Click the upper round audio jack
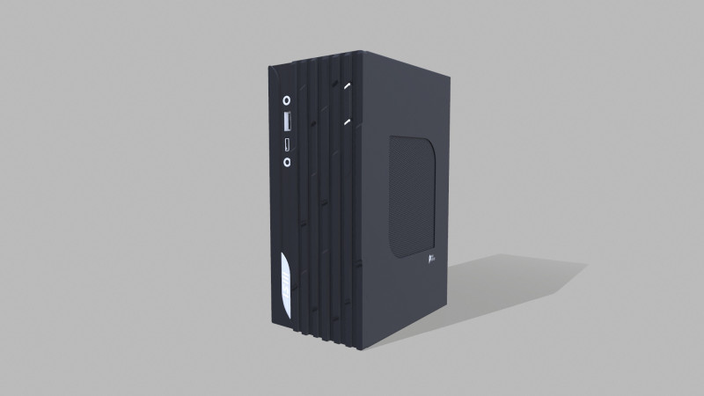[287, 100]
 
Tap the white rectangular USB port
[288, 121]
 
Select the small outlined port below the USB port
[287, 143]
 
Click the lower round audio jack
[287, 161]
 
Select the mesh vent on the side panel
[414, 195]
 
